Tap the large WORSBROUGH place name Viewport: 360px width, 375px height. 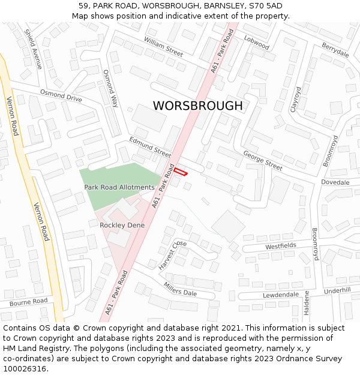[x=197, y=106]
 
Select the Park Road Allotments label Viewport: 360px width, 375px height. [x=119, y=188]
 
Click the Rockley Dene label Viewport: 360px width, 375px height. [x=122, y=225]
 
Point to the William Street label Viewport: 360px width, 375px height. [x=163, y=46]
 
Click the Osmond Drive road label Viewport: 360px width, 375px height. [x=61, y=95]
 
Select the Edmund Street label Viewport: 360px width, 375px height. [x=150, y=147]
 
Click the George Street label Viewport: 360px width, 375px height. [x=262, y=161]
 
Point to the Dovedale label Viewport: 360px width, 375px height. [x=335, y=182]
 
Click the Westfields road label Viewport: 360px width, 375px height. [x=280, y=246]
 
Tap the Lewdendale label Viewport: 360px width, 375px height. [x=280, y=295]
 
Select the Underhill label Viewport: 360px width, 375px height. [x=337, y=290]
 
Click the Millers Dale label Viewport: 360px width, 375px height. [x=180, y=289]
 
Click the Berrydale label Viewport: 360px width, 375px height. [x=335, y=50]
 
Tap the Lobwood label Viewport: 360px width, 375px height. [x=256, y=42]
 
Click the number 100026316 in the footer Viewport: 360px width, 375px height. [x=25, y=369]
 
